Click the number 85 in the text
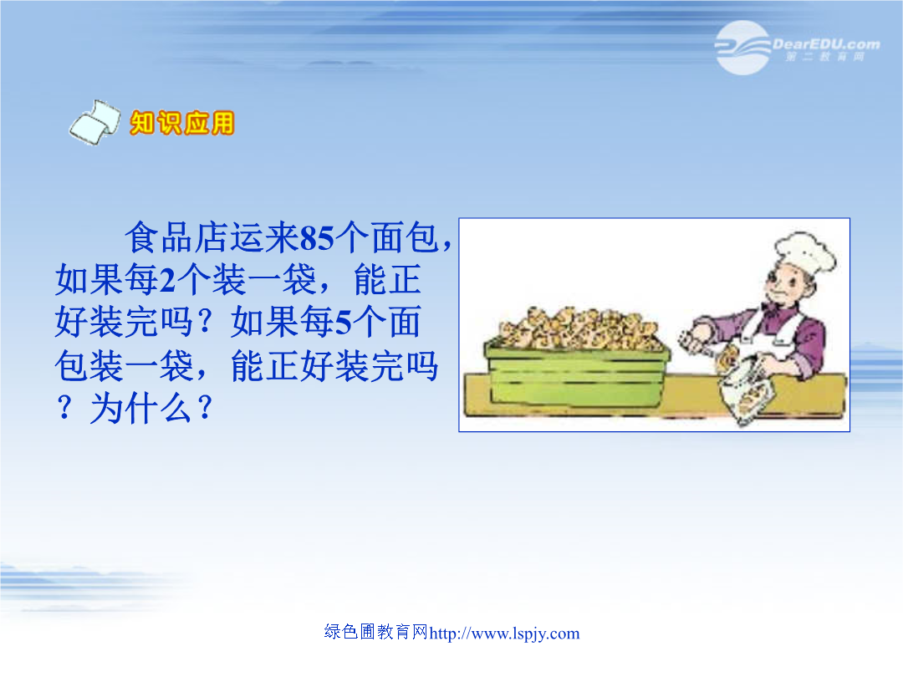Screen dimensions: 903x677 pos(318,237)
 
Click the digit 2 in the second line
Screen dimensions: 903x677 pos(167,280)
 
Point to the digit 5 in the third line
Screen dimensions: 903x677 pos(344,323)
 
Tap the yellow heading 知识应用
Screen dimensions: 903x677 pos(182,123)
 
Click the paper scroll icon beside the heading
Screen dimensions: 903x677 pos(95,122)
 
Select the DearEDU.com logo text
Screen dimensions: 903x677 pos(826,43)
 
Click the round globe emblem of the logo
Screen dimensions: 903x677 pos(743,48)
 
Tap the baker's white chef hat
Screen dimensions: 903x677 pos(806,251)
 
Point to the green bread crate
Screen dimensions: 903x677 pos(577,373)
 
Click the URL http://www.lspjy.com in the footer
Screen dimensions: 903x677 pos(504,634)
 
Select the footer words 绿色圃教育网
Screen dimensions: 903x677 pos(376,632)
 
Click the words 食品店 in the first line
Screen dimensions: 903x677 pos(177,237)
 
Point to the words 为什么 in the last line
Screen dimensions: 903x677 pos(140,409)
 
